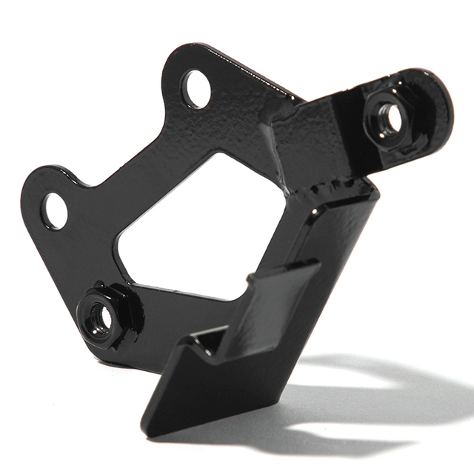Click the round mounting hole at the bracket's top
[196, 90]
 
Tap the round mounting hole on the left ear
[54, 210]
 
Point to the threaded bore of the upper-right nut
[389, 118]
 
